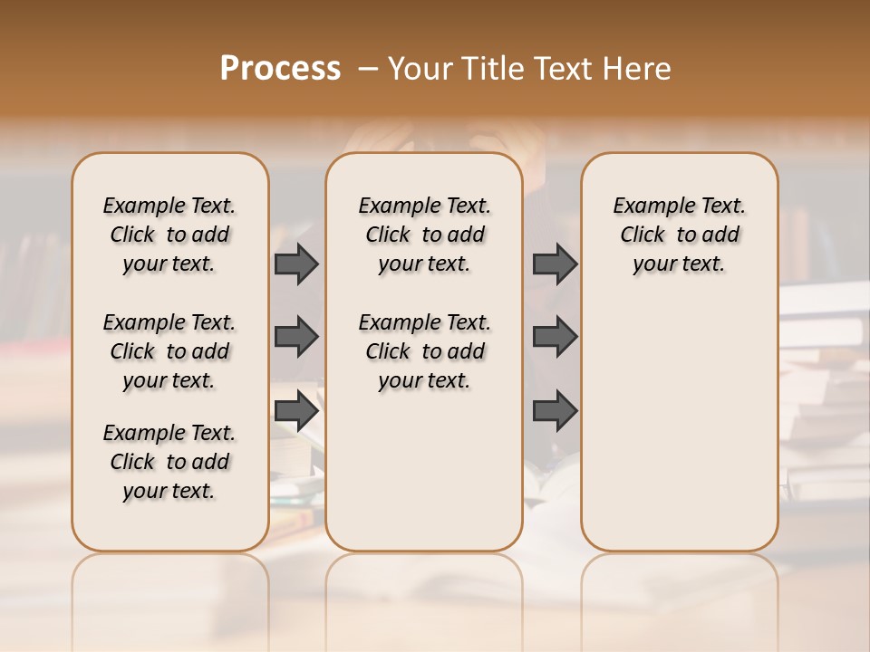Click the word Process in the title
(280, 68)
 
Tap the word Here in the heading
(638, 68)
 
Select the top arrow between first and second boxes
(295, 264)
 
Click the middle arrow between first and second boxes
(295, 337)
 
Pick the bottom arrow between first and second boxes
(295, 410)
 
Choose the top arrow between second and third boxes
(555, 264)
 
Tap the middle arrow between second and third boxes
(555, 337)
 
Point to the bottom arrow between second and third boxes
(555, 410)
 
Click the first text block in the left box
(169, 235)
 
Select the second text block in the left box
(169, 351)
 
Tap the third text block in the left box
(169, 462)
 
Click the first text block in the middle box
(425, 235)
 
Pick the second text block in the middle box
(425, 351)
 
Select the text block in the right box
(680, 235)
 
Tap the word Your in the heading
(421, 68)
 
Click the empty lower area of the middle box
(424, 471)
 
